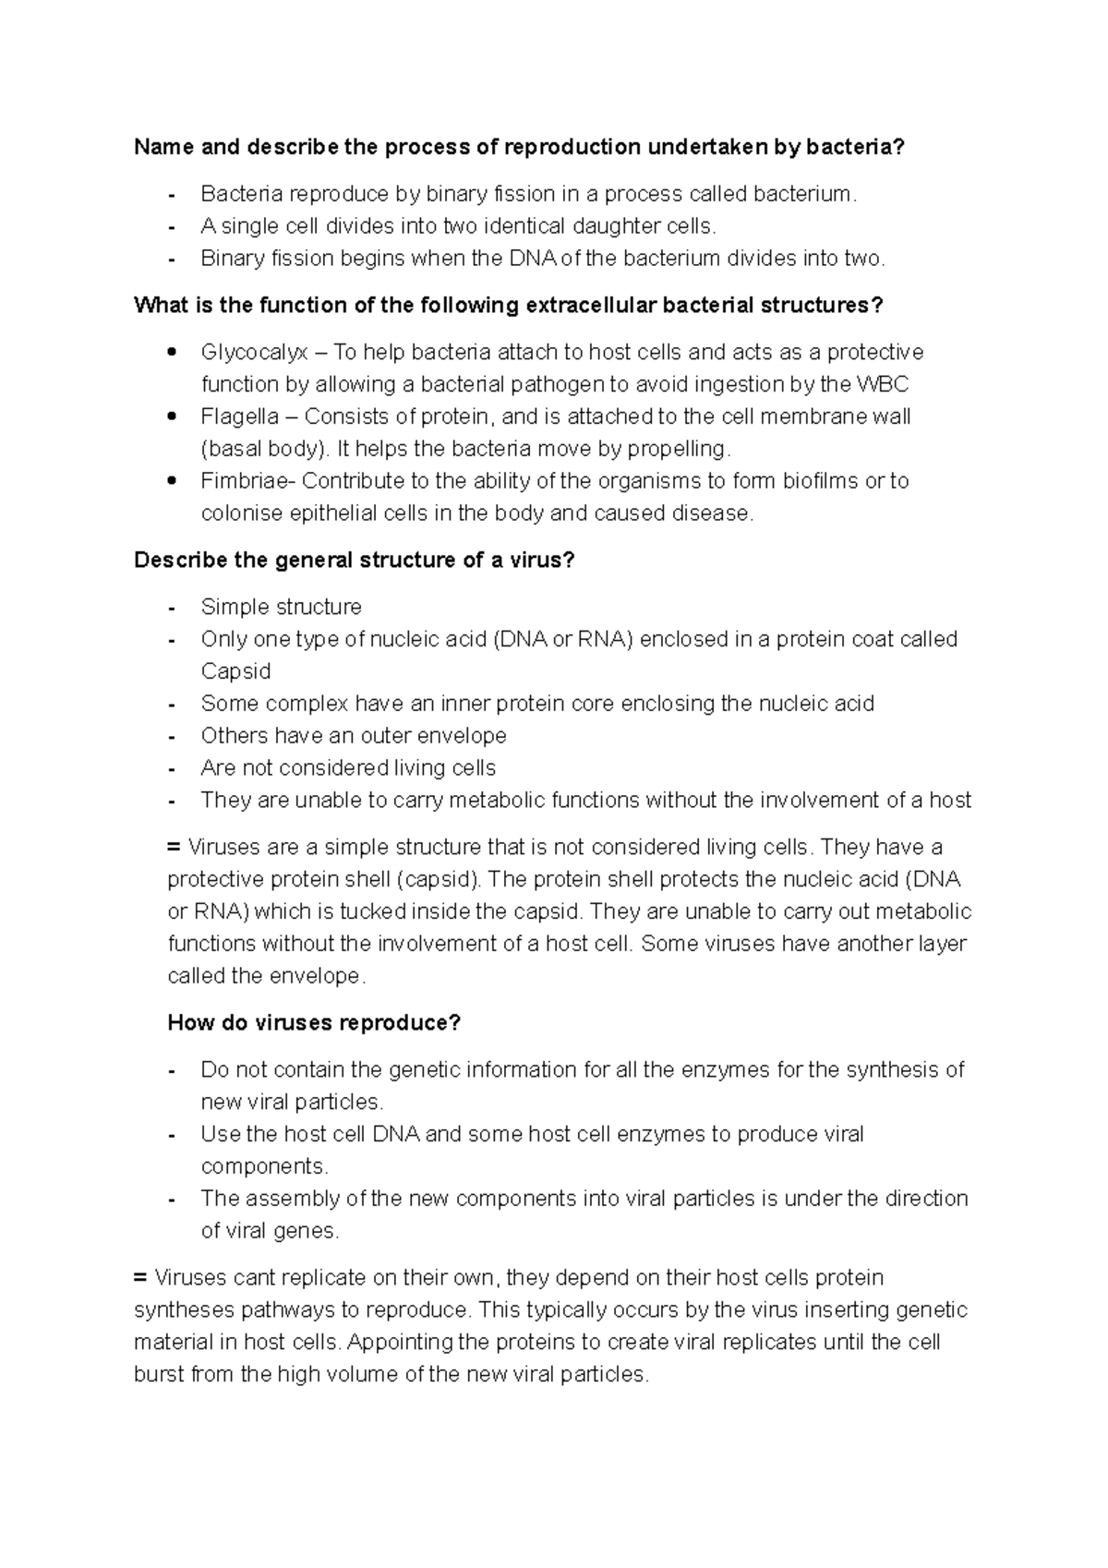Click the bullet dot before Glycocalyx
click(172, 352)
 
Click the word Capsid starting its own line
click(235, 671)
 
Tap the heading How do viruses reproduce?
click(314, 1023)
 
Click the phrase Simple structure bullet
click(281, 607)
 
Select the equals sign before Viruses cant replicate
click(140, 1278)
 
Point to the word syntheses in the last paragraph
click(184, 1310)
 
